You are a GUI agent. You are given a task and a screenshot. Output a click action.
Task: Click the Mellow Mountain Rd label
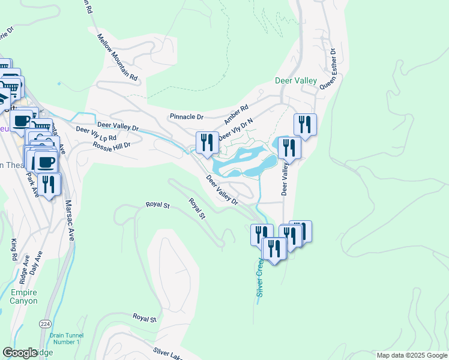tap(118, 58)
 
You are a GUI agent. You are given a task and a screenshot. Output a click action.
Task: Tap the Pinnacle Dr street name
tap(187, 116)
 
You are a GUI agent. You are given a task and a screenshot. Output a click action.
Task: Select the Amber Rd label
tap(236, 115)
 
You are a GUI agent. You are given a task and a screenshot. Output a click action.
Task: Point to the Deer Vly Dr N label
tap(235, 128)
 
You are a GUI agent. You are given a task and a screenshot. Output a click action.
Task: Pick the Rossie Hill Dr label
tap(111, 145)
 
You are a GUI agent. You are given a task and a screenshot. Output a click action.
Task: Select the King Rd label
tap(14, 249)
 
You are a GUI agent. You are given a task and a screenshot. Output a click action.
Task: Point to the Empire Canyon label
tap(23, 297)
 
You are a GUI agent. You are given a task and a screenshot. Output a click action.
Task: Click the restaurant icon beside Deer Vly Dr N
tap(207, 142)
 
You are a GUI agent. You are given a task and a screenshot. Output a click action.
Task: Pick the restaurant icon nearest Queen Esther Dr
tap(305, 124)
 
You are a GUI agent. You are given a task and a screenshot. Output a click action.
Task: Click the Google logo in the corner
tap(20, 353)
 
